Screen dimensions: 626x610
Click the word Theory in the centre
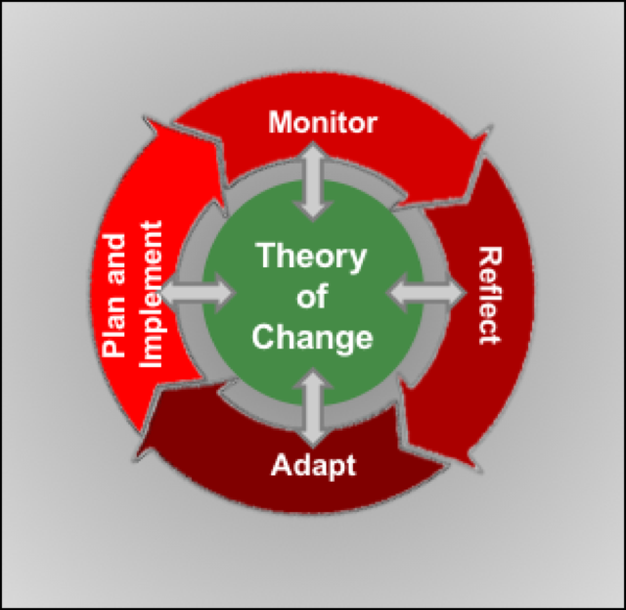tap(311, 258)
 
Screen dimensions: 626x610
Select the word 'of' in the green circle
tap(313, 299)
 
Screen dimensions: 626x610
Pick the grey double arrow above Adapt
tap(313, 407)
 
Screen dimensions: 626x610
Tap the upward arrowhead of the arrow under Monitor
tap(313, 153)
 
